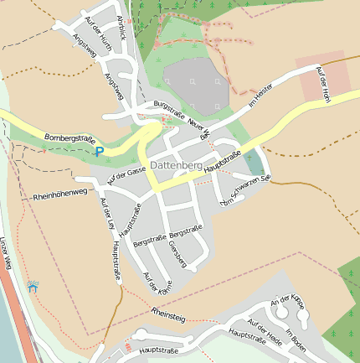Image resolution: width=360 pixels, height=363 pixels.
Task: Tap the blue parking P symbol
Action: tap(100, 152)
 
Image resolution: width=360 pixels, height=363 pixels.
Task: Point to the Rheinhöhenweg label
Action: tap(59, 195)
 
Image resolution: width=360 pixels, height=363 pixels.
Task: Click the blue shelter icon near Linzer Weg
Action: tap(33, 288)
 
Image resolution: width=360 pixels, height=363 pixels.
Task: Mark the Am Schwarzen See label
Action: tap(243, 191)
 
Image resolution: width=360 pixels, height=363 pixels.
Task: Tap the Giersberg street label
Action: tap(177, 255)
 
